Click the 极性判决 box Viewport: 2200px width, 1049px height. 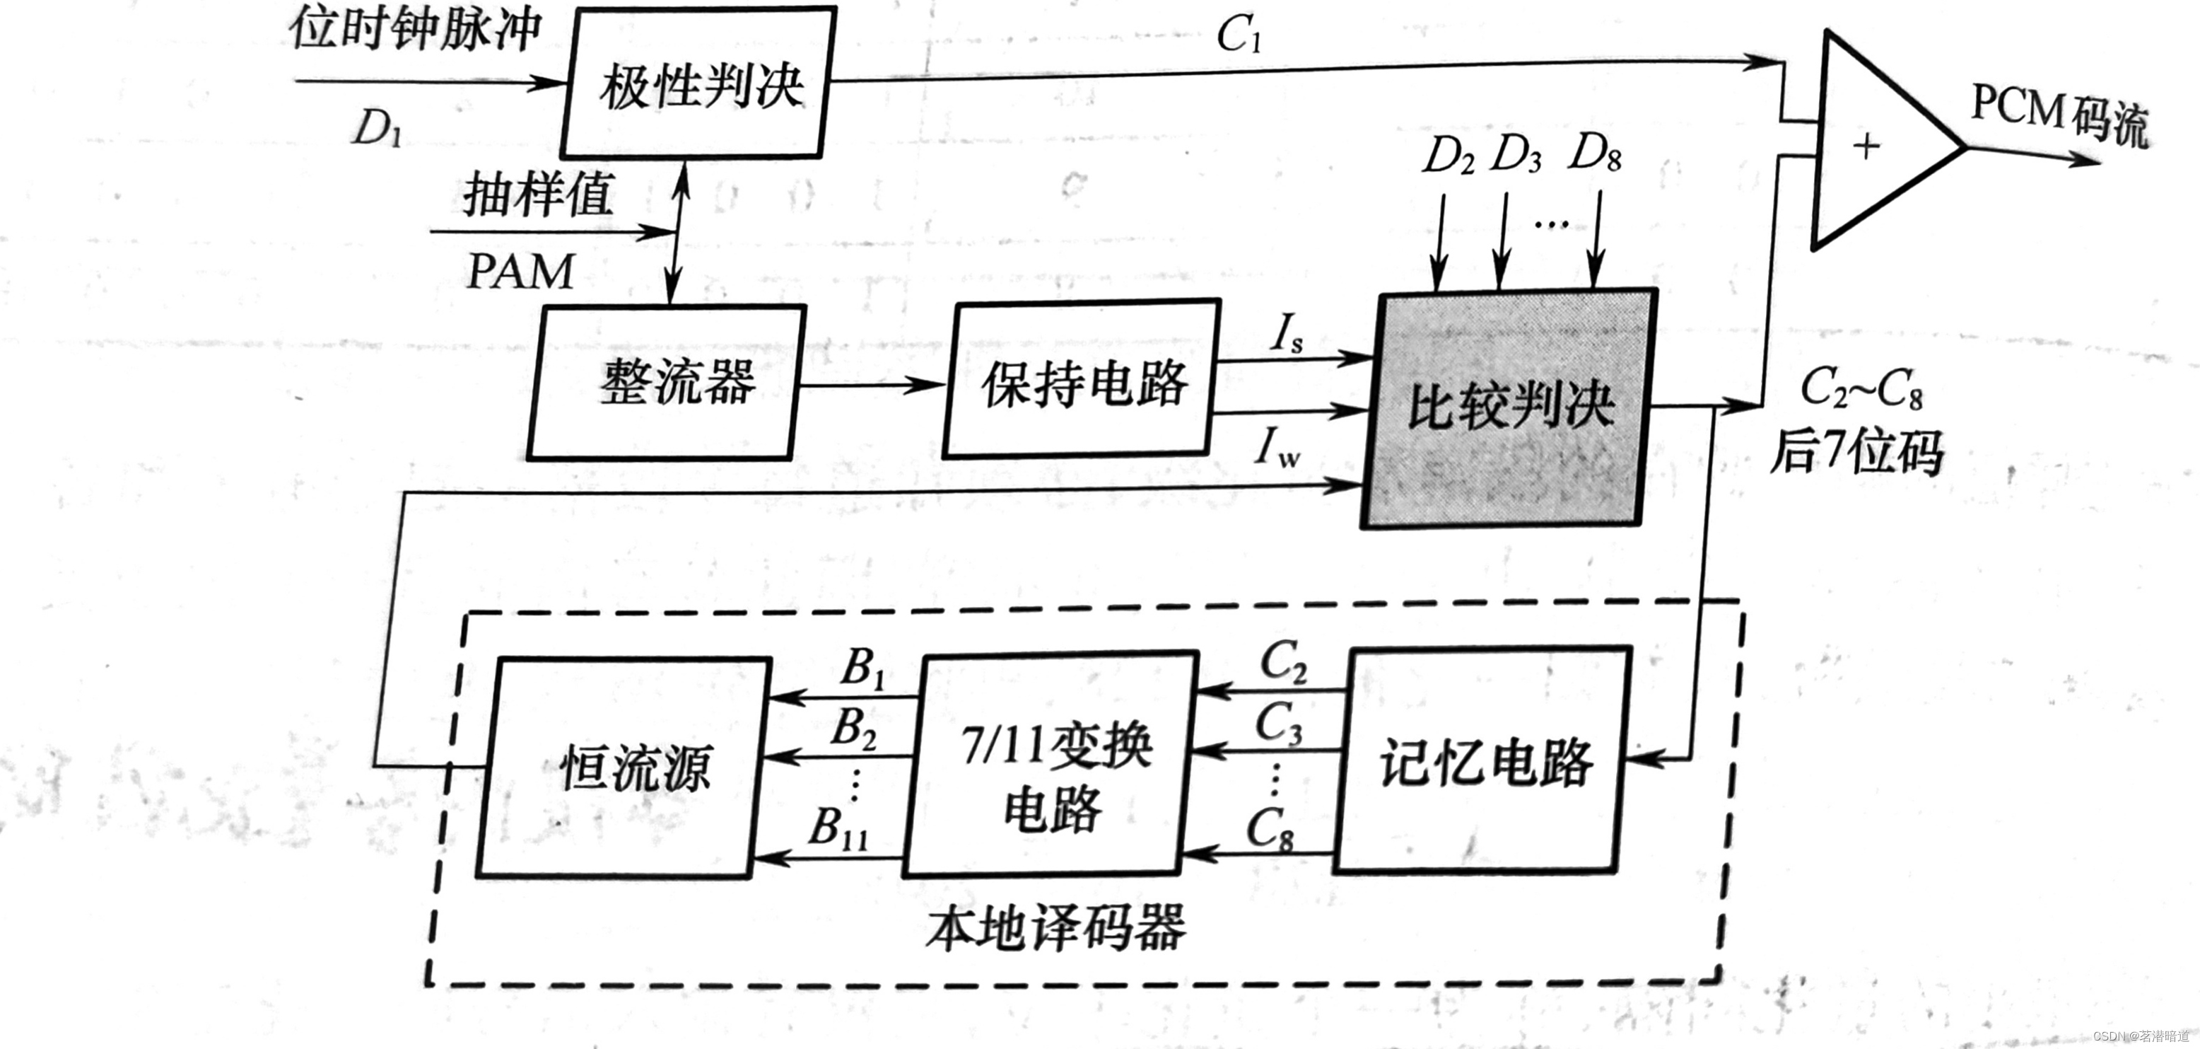point(698,83)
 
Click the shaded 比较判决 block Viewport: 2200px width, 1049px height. point(1508,408)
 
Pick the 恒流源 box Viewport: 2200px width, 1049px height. point(624,767)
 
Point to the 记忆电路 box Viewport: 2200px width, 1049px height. point(1485,760)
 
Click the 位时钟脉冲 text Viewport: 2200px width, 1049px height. point(415,30)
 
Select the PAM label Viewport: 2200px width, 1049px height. point(520,272)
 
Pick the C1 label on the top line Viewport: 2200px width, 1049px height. point(1239,36)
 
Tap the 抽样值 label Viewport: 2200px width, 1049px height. point(538,195)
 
